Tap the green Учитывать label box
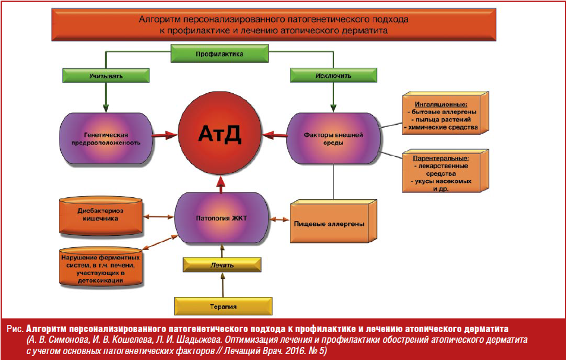coord(106,75)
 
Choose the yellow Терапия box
coord(224,306)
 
